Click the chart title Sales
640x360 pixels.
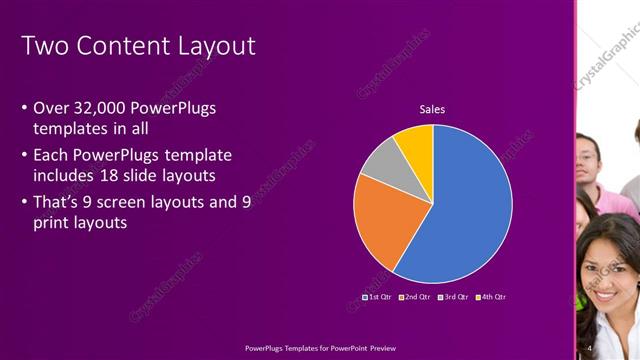tap(432, 109)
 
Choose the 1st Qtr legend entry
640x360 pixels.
tap(377, 297)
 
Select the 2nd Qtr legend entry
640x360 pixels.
tap(414, 297)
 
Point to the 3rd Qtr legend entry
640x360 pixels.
tap(453, 297)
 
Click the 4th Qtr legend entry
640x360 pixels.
tap(491, 297)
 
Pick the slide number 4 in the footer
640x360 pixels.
tap(590, 347)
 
